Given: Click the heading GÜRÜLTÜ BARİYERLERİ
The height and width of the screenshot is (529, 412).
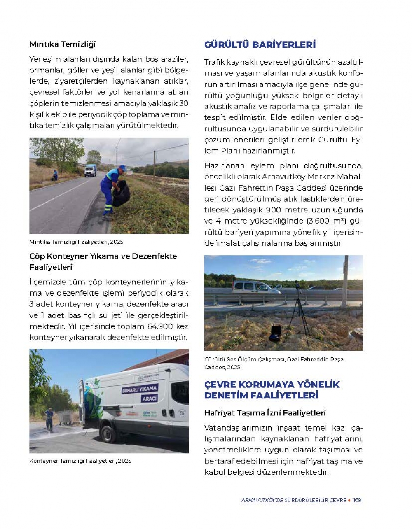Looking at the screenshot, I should [260, 44].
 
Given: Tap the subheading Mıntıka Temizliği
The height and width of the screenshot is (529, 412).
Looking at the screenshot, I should [62, 44].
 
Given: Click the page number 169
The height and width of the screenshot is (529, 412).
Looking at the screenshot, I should [357, 500].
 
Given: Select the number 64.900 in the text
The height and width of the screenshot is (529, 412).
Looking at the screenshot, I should [161, 326].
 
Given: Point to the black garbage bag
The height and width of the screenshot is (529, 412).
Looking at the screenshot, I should [122, 193].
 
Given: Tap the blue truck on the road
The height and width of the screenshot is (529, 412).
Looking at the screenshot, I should [90, 170].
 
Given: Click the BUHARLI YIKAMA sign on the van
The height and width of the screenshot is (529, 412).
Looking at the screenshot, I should [140, 389].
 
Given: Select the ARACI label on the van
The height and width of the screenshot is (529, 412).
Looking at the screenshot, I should [149, 398].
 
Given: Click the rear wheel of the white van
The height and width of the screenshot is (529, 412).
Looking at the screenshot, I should [108, 434].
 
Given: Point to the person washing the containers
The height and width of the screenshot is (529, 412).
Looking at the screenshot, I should [49, 419].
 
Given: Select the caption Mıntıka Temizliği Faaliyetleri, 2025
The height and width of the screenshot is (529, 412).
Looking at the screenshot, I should [76, 242].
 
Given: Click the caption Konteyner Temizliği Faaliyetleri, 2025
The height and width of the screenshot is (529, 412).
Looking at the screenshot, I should [80, 461].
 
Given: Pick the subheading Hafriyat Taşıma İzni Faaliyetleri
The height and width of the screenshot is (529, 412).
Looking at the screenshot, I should [265, 413].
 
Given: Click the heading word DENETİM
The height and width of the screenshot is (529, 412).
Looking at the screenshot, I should [227, 395].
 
